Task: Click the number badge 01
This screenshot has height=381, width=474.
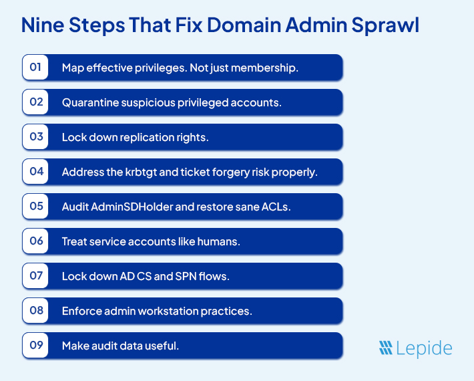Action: pos(35,68)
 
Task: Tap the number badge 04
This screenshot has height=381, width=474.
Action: pos(35,172)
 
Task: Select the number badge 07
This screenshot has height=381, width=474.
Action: pos(35,276)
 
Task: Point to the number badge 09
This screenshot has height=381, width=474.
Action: pos(35,346)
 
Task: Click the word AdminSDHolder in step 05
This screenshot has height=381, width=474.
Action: pos(136,207)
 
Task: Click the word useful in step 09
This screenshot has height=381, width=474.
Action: pos(163,346)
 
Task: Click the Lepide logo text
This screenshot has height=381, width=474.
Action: pos(426,348)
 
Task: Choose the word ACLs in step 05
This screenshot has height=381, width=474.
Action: pos(277,207)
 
